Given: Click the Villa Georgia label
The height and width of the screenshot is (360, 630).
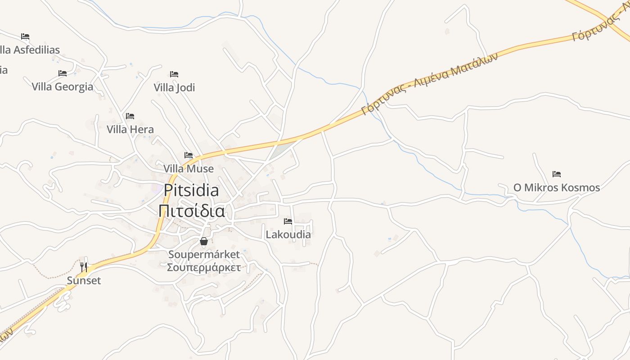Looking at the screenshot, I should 63,87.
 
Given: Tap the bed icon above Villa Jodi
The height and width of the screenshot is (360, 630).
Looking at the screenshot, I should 174,74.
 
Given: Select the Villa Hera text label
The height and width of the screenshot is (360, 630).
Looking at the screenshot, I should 130,130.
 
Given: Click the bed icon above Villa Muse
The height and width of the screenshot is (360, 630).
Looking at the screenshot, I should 189,155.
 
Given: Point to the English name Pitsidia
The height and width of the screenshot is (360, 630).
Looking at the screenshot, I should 191,190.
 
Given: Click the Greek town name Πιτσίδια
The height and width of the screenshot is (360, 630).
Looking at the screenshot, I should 192,211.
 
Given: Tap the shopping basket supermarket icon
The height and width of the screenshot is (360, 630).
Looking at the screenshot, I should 204,241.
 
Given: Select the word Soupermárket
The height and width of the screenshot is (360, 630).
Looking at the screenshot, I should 204,255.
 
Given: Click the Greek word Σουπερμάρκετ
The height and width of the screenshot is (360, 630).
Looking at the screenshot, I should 204,268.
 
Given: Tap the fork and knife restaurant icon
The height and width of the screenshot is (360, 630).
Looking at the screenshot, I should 84,267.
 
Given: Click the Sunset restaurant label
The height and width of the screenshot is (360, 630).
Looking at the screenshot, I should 84,281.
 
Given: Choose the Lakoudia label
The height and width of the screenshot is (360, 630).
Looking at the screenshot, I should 288,234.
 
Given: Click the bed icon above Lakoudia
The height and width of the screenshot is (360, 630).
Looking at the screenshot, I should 288,221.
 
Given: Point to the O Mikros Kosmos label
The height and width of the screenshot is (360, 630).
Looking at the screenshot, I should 557,188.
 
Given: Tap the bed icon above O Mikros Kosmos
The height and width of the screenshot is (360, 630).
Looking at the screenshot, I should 557,174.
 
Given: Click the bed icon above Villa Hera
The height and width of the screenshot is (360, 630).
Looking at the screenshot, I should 130,116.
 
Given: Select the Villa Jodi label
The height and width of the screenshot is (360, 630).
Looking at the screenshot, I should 175,87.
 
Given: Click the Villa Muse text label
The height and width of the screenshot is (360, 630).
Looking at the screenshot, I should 189,169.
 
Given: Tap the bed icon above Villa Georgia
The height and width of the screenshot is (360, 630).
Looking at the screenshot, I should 63,73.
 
